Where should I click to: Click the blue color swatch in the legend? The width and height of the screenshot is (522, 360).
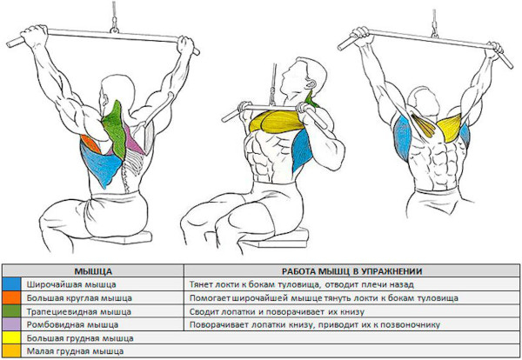11,284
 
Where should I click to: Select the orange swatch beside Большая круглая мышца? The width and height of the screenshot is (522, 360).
11,297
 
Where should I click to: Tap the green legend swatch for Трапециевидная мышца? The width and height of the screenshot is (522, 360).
11,311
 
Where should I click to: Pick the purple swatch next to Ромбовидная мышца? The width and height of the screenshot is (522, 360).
11,324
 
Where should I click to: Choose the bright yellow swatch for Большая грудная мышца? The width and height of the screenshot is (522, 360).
11,338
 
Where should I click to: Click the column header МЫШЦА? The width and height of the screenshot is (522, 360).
93,271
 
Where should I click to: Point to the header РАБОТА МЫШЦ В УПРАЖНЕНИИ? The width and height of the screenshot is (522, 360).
351,271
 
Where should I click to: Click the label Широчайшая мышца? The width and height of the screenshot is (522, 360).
71,285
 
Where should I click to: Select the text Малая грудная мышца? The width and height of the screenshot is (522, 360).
75,351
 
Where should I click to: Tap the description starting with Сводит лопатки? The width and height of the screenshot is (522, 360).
277,312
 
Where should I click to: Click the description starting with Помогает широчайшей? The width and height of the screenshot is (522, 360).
324,298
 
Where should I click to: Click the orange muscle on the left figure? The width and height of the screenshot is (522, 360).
90,143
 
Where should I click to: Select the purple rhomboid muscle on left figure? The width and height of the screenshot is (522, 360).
135,140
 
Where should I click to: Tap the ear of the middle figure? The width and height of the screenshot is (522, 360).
312,83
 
